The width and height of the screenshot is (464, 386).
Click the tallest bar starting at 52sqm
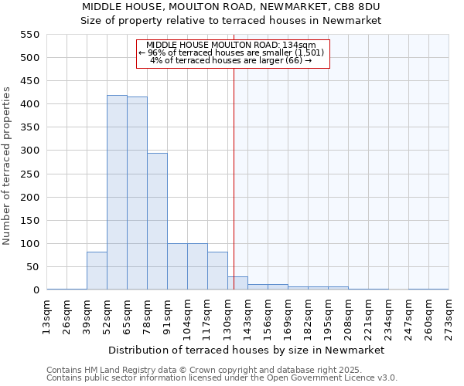pyautogui.click(x=117, y=193)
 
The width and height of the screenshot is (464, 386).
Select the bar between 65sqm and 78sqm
pyautogui.click(x=137, y=194)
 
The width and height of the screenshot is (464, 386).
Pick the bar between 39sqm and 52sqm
pyautogui.click(x=97, y=271)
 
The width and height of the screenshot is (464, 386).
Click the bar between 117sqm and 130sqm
pyautogui.click(x=217, y=271)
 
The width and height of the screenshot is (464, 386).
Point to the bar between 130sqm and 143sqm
pyautogui.click(x=237, y=283)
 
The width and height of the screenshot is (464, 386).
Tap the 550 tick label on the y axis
pyautogui.click(x=29, y=35)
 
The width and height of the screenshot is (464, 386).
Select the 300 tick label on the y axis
pyautogui.click(x=29, y=151)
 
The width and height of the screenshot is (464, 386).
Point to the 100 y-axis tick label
pyautogui.click(x=29, y=244)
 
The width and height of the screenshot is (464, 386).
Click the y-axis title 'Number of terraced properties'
pyautogui.click(x=8, y=166)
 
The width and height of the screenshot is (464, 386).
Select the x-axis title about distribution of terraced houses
pyautogui.click(x=247, y=350)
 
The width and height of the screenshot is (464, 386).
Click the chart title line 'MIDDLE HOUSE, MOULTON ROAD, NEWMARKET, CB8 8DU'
pyautogui.click(x=231, y=7)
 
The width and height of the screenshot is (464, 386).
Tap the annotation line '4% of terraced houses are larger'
pyautogui.click(x=230, y=60)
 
